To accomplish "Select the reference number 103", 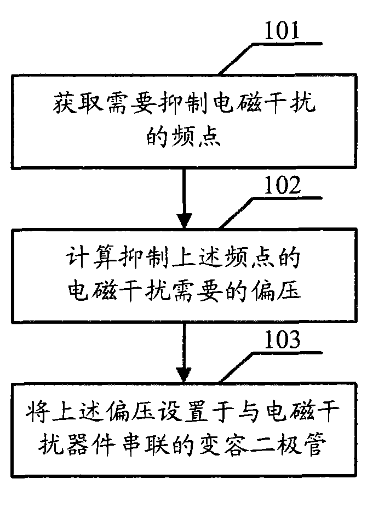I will [x=282, y=340].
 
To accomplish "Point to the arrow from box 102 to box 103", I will [x=184, y=350].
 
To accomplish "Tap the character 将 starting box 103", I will [x=37, y=412].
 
